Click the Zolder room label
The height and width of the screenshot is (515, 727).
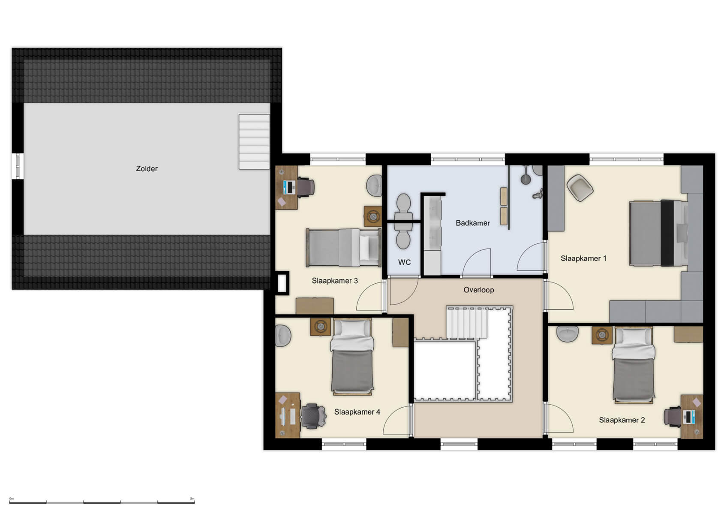pyautogui.click(x=147, y=169)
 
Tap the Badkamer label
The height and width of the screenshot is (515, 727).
pyautogui.click(x=472, y=223)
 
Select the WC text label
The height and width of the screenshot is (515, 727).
pyautogui.click(x=404, y=262)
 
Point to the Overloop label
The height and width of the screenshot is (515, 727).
pyautogui.click(x=478, y=290)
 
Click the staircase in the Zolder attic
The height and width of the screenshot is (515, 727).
pyautogui.click(x=254, y=142)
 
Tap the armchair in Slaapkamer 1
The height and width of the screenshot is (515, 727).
pyautogui.click(x=580, y=188)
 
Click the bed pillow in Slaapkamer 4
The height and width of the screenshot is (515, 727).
pyautogui.click(x=351, y=328)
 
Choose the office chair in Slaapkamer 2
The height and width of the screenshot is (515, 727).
pyautogui.click(x=672, y=417)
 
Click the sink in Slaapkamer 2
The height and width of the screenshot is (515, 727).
pyautogui.click(x=568, y=333)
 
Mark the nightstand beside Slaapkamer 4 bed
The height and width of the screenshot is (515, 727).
pyautogui.click(x=320, y=327)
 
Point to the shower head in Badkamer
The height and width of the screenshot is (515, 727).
pyautogui.click(x=526, y=178)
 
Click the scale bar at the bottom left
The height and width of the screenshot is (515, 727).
pyautogui.click(x=102, y=501)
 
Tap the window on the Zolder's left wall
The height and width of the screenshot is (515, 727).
pyautogui.click(x=17, y=166)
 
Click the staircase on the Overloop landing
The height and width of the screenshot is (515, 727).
pyautogui.click(x=466, y=323)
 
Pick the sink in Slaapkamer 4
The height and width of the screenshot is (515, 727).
pyautogui.click(x=283, y=335)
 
